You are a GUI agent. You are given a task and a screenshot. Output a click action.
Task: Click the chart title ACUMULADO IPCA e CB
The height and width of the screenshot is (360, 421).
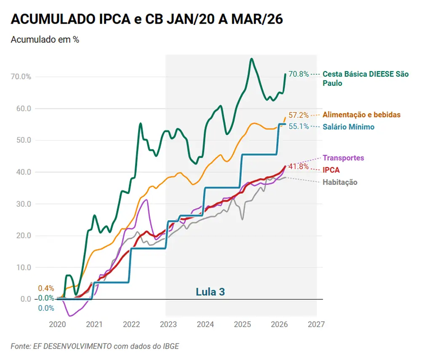click(147, 19)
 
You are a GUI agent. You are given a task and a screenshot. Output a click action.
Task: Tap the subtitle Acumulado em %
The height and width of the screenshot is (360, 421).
click(45, 40)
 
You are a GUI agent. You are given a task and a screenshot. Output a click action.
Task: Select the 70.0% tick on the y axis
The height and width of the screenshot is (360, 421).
click(21, 77)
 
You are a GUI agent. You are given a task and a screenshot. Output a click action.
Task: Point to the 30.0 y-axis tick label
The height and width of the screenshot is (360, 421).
click(23, 204)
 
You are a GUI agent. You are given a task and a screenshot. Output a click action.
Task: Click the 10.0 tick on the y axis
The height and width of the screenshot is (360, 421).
click(23, 267)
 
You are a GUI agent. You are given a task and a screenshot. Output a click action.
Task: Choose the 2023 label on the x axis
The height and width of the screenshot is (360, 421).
click(168, 324)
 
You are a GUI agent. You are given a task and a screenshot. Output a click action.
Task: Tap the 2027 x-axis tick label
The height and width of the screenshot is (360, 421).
click(316, 324)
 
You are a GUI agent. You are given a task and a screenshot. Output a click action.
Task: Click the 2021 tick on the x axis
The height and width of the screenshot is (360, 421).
click(94, 324)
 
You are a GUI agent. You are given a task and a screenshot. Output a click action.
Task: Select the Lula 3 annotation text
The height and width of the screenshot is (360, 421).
click(210, 292)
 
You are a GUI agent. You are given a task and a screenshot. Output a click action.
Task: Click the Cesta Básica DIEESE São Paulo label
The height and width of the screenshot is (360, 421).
click(365, 79)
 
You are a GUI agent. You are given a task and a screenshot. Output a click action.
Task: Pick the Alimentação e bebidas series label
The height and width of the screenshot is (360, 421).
click(362, 115)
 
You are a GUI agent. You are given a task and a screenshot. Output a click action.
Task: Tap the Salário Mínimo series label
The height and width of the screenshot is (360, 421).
click(348, 127)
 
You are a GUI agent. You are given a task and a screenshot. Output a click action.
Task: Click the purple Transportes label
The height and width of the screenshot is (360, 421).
click(343, 158)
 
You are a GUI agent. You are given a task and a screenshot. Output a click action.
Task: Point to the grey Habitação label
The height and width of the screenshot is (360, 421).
click(340, 182)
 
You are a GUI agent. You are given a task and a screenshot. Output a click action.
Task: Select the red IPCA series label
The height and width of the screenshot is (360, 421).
click(331, 170)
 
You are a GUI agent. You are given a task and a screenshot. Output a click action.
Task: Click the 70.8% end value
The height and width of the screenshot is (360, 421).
click(298, 74)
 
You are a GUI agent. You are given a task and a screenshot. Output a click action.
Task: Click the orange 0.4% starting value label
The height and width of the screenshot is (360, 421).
click(46, 288)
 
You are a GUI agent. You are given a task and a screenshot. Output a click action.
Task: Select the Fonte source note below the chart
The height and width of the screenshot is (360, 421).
click(95, 346)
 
